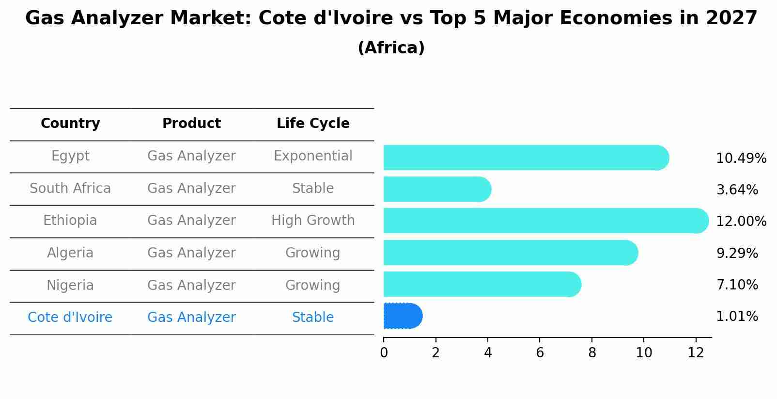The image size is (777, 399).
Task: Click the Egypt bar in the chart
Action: [526, 158]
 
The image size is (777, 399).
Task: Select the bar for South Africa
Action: [436, 189]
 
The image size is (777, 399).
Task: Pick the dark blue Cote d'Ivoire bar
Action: [402, 316]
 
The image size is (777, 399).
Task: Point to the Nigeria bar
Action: [482, 284]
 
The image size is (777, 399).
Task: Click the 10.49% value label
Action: [741, 159]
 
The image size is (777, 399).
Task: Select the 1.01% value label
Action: [737, 317]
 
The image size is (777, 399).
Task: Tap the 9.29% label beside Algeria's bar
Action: [737, 253]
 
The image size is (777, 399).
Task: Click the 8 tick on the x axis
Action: [592, 353]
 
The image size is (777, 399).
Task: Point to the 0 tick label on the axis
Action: [384, 353]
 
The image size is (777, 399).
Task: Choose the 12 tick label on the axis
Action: [696, 353]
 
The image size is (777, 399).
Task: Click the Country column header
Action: [70, 124]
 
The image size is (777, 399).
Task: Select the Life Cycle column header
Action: [313, 124]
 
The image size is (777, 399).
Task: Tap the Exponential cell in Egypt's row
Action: [313, 156]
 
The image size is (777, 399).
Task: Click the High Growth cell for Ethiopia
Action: [313, 221]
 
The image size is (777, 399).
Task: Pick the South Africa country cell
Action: [70, 189]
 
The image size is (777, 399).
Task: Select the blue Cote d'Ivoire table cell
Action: [70, 318]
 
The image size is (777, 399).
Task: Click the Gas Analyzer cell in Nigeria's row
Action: [191, 285]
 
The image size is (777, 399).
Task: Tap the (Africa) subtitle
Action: [391, 48]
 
